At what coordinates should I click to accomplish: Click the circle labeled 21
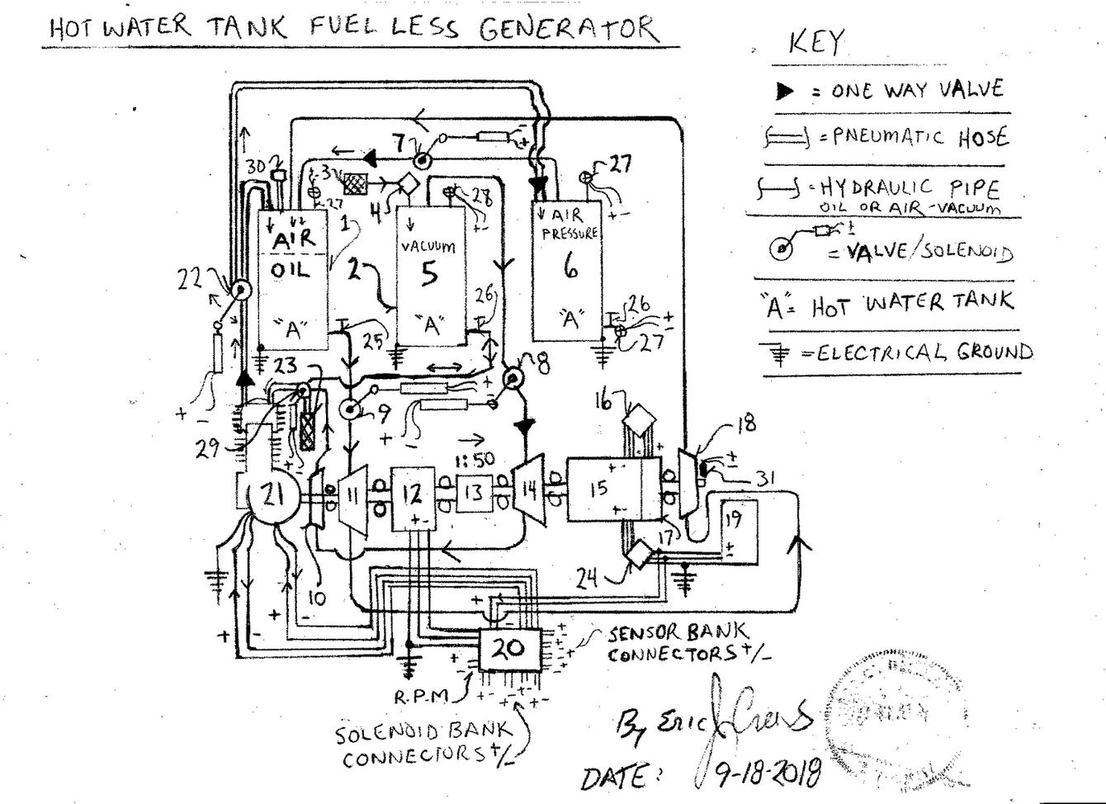pyautogui.click(x=272, y=495)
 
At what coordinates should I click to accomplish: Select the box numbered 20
pyautogui.click(x=510, y=648)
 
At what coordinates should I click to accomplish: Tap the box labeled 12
pyautogui.click(x=413, y=495)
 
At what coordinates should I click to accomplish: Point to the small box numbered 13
pyautogui.click(x=474, y=493)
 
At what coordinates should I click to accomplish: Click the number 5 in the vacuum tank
pyautogui.click(x=428, y=274)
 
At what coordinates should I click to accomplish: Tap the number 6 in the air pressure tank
pyautogui.click(x=570, y=267)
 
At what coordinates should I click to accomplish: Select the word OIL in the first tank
pyautogui.click(x=291, y=270)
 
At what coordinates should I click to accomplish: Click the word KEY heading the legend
pyautogui.click(x=817, y=41)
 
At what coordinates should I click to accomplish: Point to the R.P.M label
pyautogui.click(x=420, y=696)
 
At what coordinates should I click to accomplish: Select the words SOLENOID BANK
pyautogui.click(x=423, y=731)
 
